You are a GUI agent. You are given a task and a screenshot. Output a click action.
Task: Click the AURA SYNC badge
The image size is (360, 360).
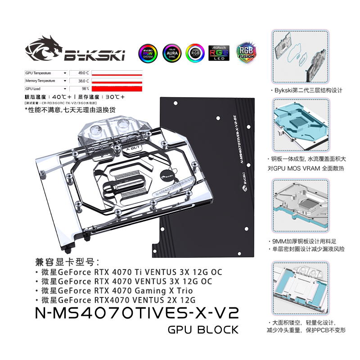(171, 53)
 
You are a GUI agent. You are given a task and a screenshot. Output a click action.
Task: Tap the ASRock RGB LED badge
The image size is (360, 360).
(219, 53)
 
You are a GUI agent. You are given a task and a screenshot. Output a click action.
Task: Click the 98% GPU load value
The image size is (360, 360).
(84, 89)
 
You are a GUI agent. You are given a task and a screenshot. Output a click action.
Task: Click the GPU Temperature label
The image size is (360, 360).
(38, 73)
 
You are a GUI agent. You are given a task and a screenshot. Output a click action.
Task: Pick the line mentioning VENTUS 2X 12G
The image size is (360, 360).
(115, 300)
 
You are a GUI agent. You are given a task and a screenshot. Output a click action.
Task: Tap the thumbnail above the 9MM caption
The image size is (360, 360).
(301, 205)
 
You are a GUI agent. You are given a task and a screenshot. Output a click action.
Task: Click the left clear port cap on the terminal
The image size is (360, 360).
(94, 129)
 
